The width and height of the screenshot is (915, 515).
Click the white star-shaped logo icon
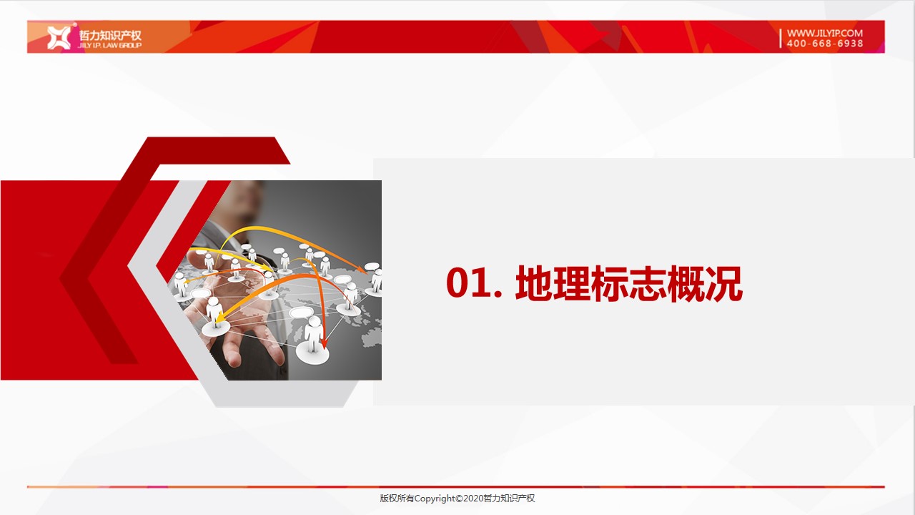click(59, 37)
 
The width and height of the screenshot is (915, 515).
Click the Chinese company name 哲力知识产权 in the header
click(110, 35)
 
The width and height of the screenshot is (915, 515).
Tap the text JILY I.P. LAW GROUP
click(109, 45)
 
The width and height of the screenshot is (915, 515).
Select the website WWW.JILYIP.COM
click(825, 33)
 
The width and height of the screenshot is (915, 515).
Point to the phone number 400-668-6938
click(825, 44)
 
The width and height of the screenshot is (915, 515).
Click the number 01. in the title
click(474, 283)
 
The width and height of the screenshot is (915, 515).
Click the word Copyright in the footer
click(435, 499)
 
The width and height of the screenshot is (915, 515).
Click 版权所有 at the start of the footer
click(397, 499)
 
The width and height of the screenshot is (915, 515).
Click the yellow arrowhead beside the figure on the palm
click(219, 318)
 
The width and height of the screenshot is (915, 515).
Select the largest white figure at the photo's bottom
click(313, 339)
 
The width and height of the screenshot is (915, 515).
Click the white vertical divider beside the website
click(780, 38)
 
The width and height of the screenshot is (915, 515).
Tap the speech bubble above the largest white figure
click(302, 313)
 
